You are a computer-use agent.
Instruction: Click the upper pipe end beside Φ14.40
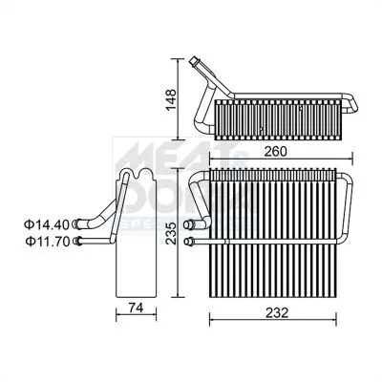(76, 224)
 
